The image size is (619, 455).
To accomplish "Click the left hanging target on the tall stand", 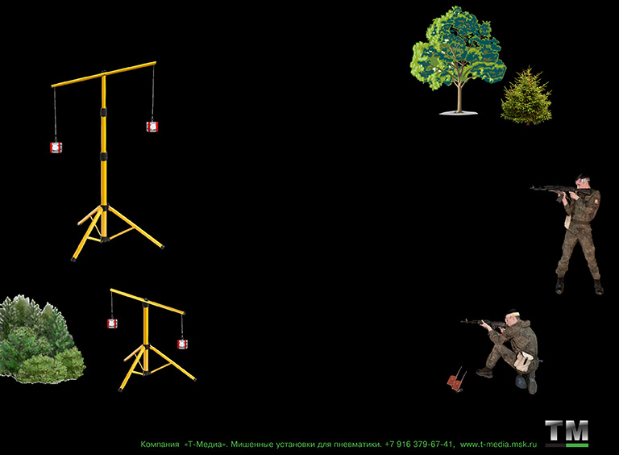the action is tap(56, 148).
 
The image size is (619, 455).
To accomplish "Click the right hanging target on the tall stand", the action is tap(152, 127).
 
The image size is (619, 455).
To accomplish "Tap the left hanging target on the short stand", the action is tap(113, 324).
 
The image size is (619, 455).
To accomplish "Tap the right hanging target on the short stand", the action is tap(182, 344).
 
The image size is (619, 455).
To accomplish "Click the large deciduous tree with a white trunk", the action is tap(458, 59).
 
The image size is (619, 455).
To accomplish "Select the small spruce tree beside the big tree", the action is tap(526, 96).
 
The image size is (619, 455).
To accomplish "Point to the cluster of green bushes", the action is tap(41, 340).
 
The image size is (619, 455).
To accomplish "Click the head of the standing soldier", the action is tap(582, 182).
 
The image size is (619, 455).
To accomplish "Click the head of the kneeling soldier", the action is tap(513, 317).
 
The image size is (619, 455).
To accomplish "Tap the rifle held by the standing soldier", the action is tap(561, 190).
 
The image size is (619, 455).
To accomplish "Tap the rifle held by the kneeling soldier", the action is tap(484, 323).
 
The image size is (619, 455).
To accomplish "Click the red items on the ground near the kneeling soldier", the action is tap(456, 380).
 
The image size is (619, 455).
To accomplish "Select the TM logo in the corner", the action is tap(567, 433).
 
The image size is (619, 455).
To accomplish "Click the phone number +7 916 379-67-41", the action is tap(418, 445).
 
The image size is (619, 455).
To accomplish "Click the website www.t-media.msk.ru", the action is tap(499, 445).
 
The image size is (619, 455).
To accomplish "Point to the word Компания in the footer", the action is tap(160, 445).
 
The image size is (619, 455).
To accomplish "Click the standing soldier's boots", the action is tap(580, 286).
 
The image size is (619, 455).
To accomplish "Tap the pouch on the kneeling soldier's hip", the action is tap(523, 361).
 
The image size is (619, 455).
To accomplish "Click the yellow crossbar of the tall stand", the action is tap(104, 74).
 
